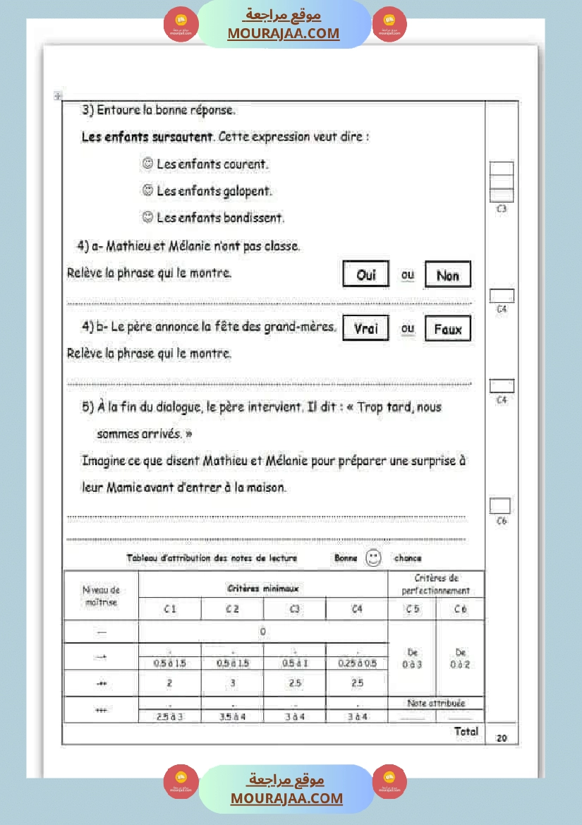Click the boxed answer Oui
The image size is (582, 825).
click(366, 275)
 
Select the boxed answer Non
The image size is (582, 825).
click(447, 275)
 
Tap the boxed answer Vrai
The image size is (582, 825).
click(366, 328)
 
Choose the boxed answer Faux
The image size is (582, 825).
click(447, 329)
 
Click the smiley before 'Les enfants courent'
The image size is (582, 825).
click(147, 164)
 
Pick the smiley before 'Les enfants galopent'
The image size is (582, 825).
click(147, 191)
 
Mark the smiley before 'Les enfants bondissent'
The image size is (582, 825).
click(147, 217)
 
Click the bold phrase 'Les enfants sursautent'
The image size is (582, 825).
click(147, 137)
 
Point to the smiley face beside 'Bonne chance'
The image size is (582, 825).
click(373, 558)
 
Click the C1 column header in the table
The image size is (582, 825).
click(170, 609)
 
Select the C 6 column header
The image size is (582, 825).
click(461, 609)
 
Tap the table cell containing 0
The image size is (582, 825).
click(262, 632)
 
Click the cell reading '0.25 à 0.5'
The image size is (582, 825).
click(357, 663)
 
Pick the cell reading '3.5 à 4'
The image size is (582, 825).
click(232, 716)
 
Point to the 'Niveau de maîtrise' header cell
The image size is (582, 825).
click(101, 596)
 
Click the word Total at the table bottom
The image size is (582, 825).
click(466, 732)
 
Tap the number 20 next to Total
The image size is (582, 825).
click(502, 738)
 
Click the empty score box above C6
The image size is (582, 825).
click(500, 505)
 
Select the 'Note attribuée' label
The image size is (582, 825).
click(436, 703)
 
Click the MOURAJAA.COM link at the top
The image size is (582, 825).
click(283, 33)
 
